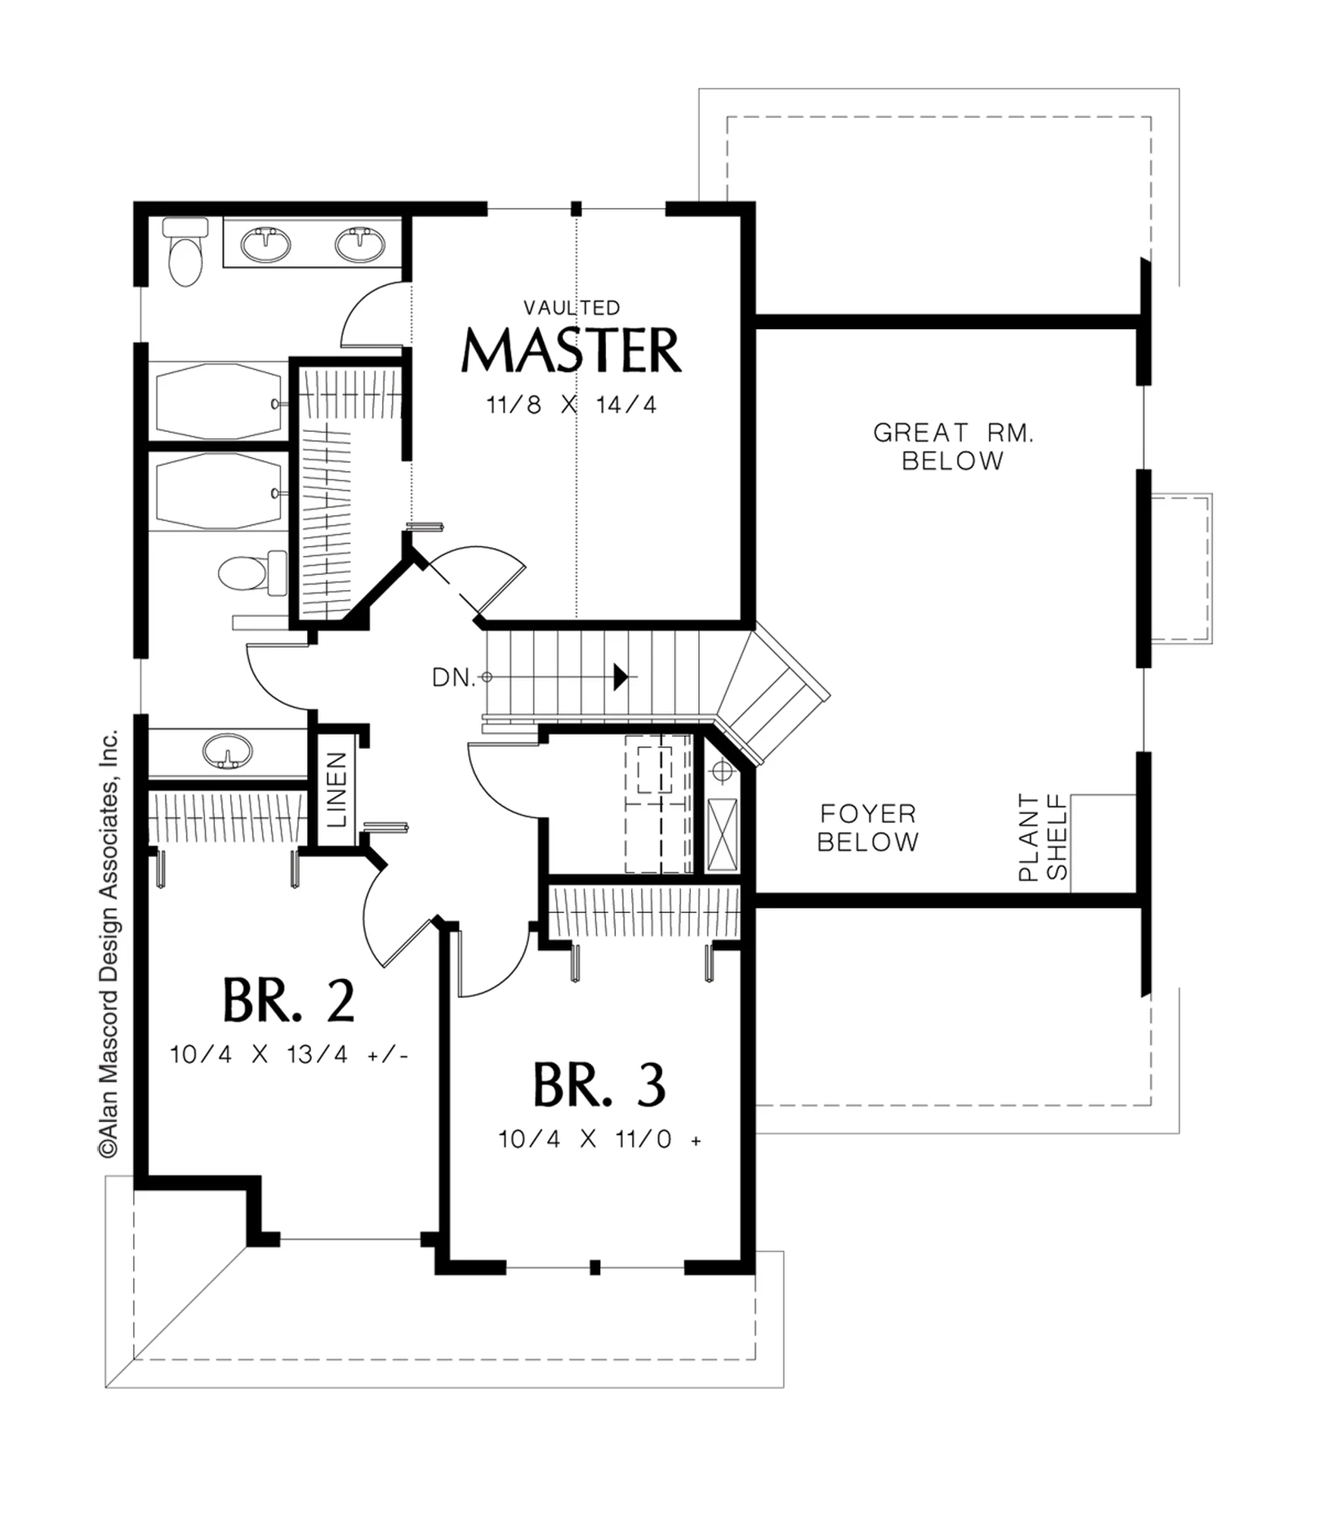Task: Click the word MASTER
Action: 571,350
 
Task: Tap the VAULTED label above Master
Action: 572,307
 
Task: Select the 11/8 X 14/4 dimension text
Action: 571,405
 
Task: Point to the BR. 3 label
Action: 599,1084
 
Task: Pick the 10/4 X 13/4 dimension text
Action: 289,1054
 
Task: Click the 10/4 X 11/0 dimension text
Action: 599,1139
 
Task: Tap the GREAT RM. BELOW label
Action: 953,446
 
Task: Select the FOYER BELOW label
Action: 868,828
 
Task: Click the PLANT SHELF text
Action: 1042,837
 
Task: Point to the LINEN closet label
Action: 336,789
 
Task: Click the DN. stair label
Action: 454,678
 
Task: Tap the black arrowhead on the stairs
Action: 621,676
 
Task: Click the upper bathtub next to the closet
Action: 219,401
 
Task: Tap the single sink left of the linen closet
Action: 227,750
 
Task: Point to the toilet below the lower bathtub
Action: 253,572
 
